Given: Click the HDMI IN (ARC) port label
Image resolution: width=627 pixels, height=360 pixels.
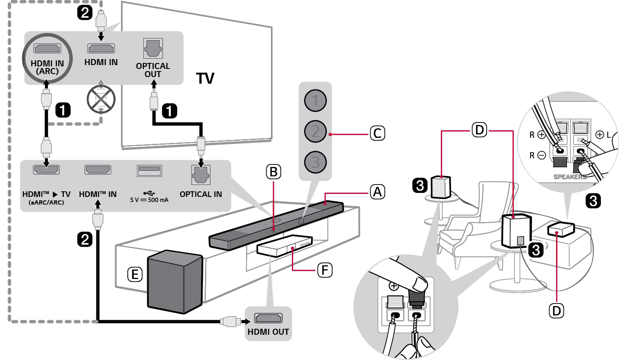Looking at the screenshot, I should click(x=47, y=67).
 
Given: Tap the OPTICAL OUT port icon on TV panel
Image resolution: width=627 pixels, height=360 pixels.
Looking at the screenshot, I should click(x=153, y=48).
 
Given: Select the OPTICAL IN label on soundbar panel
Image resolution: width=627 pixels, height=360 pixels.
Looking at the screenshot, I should click(x=201, y=194).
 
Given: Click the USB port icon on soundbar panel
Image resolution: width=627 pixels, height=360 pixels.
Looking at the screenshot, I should click(x=149, y=170).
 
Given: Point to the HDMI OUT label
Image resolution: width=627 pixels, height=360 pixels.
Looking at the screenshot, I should click(x=268, y=332).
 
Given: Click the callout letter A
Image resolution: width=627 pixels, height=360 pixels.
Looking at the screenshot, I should click(x=377, y=192).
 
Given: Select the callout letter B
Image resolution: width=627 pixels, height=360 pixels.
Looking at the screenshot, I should click(x=273, y=172).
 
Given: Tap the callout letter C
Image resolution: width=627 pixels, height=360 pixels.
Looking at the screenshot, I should click(x=377, y=133).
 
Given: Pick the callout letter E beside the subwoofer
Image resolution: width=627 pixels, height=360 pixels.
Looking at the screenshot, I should click(x=135, y=274).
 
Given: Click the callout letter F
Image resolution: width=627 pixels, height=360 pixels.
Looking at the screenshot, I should click(x=325, y=270).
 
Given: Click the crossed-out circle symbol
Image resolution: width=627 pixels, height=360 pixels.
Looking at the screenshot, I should click(x=101, y=99).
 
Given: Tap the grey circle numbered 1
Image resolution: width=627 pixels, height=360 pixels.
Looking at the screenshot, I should click(x=315, y=101).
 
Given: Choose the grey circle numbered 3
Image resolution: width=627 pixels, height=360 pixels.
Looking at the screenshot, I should click(x=315, y=162).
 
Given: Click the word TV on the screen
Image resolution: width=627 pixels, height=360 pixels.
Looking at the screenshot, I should click(x=205, y=78).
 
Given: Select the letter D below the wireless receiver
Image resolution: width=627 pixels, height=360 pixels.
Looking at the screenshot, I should click(x=556, y=311).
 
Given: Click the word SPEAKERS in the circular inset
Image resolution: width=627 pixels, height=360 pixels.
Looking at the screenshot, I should click(x=570, y=177).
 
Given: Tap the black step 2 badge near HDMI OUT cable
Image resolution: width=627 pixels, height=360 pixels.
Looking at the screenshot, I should click(x=85, y=239).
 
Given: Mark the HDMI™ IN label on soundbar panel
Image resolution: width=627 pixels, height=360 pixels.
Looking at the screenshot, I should click(x=98, y=194).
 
